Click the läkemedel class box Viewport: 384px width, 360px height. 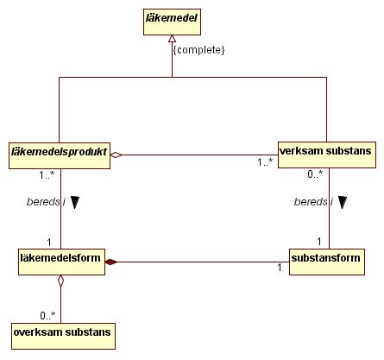pos(172,22)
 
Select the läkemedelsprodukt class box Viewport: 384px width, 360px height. pos(60,155)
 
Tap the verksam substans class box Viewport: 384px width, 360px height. pos(327,155)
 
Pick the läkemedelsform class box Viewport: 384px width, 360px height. pos(61,262)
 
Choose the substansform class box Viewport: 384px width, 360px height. pos(327,262)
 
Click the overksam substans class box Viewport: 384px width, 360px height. pos(63,336)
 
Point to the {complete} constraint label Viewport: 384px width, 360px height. pos(198,50)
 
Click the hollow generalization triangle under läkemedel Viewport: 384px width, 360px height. pos(172,39)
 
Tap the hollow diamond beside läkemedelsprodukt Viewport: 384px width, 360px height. pos(116,155)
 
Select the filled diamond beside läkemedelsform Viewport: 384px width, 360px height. pos(111,262)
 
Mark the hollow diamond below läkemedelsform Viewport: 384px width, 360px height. pos(60,281)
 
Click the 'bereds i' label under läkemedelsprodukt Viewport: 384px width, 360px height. pos(46,202)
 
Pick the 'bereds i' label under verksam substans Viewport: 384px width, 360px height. pos(313,202)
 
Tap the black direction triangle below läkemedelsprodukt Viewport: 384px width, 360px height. pos(75,202)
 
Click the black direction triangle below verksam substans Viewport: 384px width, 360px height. pos(343,202)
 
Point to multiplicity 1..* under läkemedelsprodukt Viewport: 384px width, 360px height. pos(47,174)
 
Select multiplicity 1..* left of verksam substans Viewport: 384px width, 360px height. pos(265,162)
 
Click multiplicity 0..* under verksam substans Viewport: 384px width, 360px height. pos(315,174)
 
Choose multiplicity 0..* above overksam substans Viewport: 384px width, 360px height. pos(47,316)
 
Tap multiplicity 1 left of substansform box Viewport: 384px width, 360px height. pos(280,268)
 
